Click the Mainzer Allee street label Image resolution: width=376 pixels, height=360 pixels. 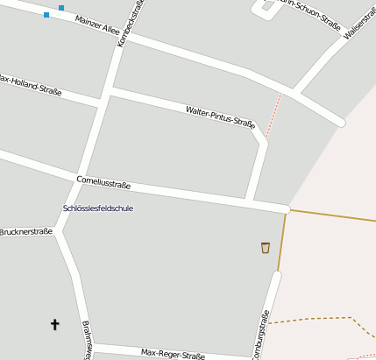(97, 25)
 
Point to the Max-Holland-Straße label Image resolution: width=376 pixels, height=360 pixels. (32, 84)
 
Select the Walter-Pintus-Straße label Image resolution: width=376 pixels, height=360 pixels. (220, 116)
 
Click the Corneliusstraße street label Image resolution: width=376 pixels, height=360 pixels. (103, 183)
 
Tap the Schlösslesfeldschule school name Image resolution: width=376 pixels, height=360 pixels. (98, 208)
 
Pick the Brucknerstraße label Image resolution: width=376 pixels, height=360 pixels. (26, 232)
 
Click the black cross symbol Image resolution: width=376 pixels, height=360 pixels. (55, 325)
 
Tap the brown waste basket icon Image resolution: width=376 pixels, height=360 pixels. (265, 248)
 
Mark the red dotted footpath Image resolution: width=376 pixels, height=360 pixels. (273, 116)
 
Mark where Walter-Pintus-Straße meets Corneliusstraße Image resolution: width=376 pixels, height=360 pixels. (249, 201)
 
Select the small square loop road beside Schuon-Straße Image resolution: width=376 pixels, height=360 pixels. (264, 10)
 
